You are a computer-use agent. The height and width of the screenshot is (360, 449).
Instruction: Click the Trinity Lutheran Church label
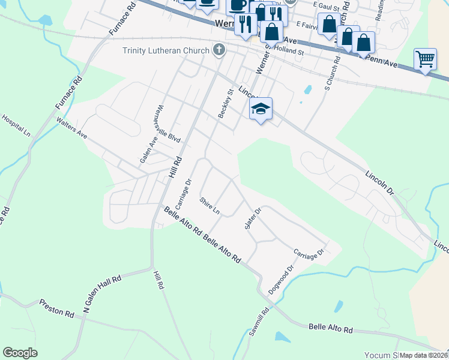166,50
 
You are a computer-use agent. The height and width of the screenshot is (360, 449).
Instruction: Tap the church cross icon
219,50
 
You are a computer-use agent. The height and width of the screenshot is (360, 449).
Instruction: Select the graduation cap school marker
261,109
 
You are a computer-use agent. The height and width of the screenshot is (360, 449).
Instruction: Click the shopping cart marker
425,59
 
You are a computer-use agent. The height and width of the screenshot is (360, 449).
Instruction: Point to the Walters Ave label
71,128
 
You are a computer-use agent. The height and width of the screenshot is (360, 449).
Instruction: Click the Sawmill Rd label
260,324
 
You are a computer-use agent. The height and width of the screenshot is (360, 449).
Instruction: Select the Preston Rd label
56,308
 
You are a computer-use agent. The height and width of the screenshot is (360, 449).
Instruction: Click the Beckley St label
226,103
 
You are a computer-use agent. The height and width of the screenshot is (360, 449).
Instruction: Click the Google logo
20,353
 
